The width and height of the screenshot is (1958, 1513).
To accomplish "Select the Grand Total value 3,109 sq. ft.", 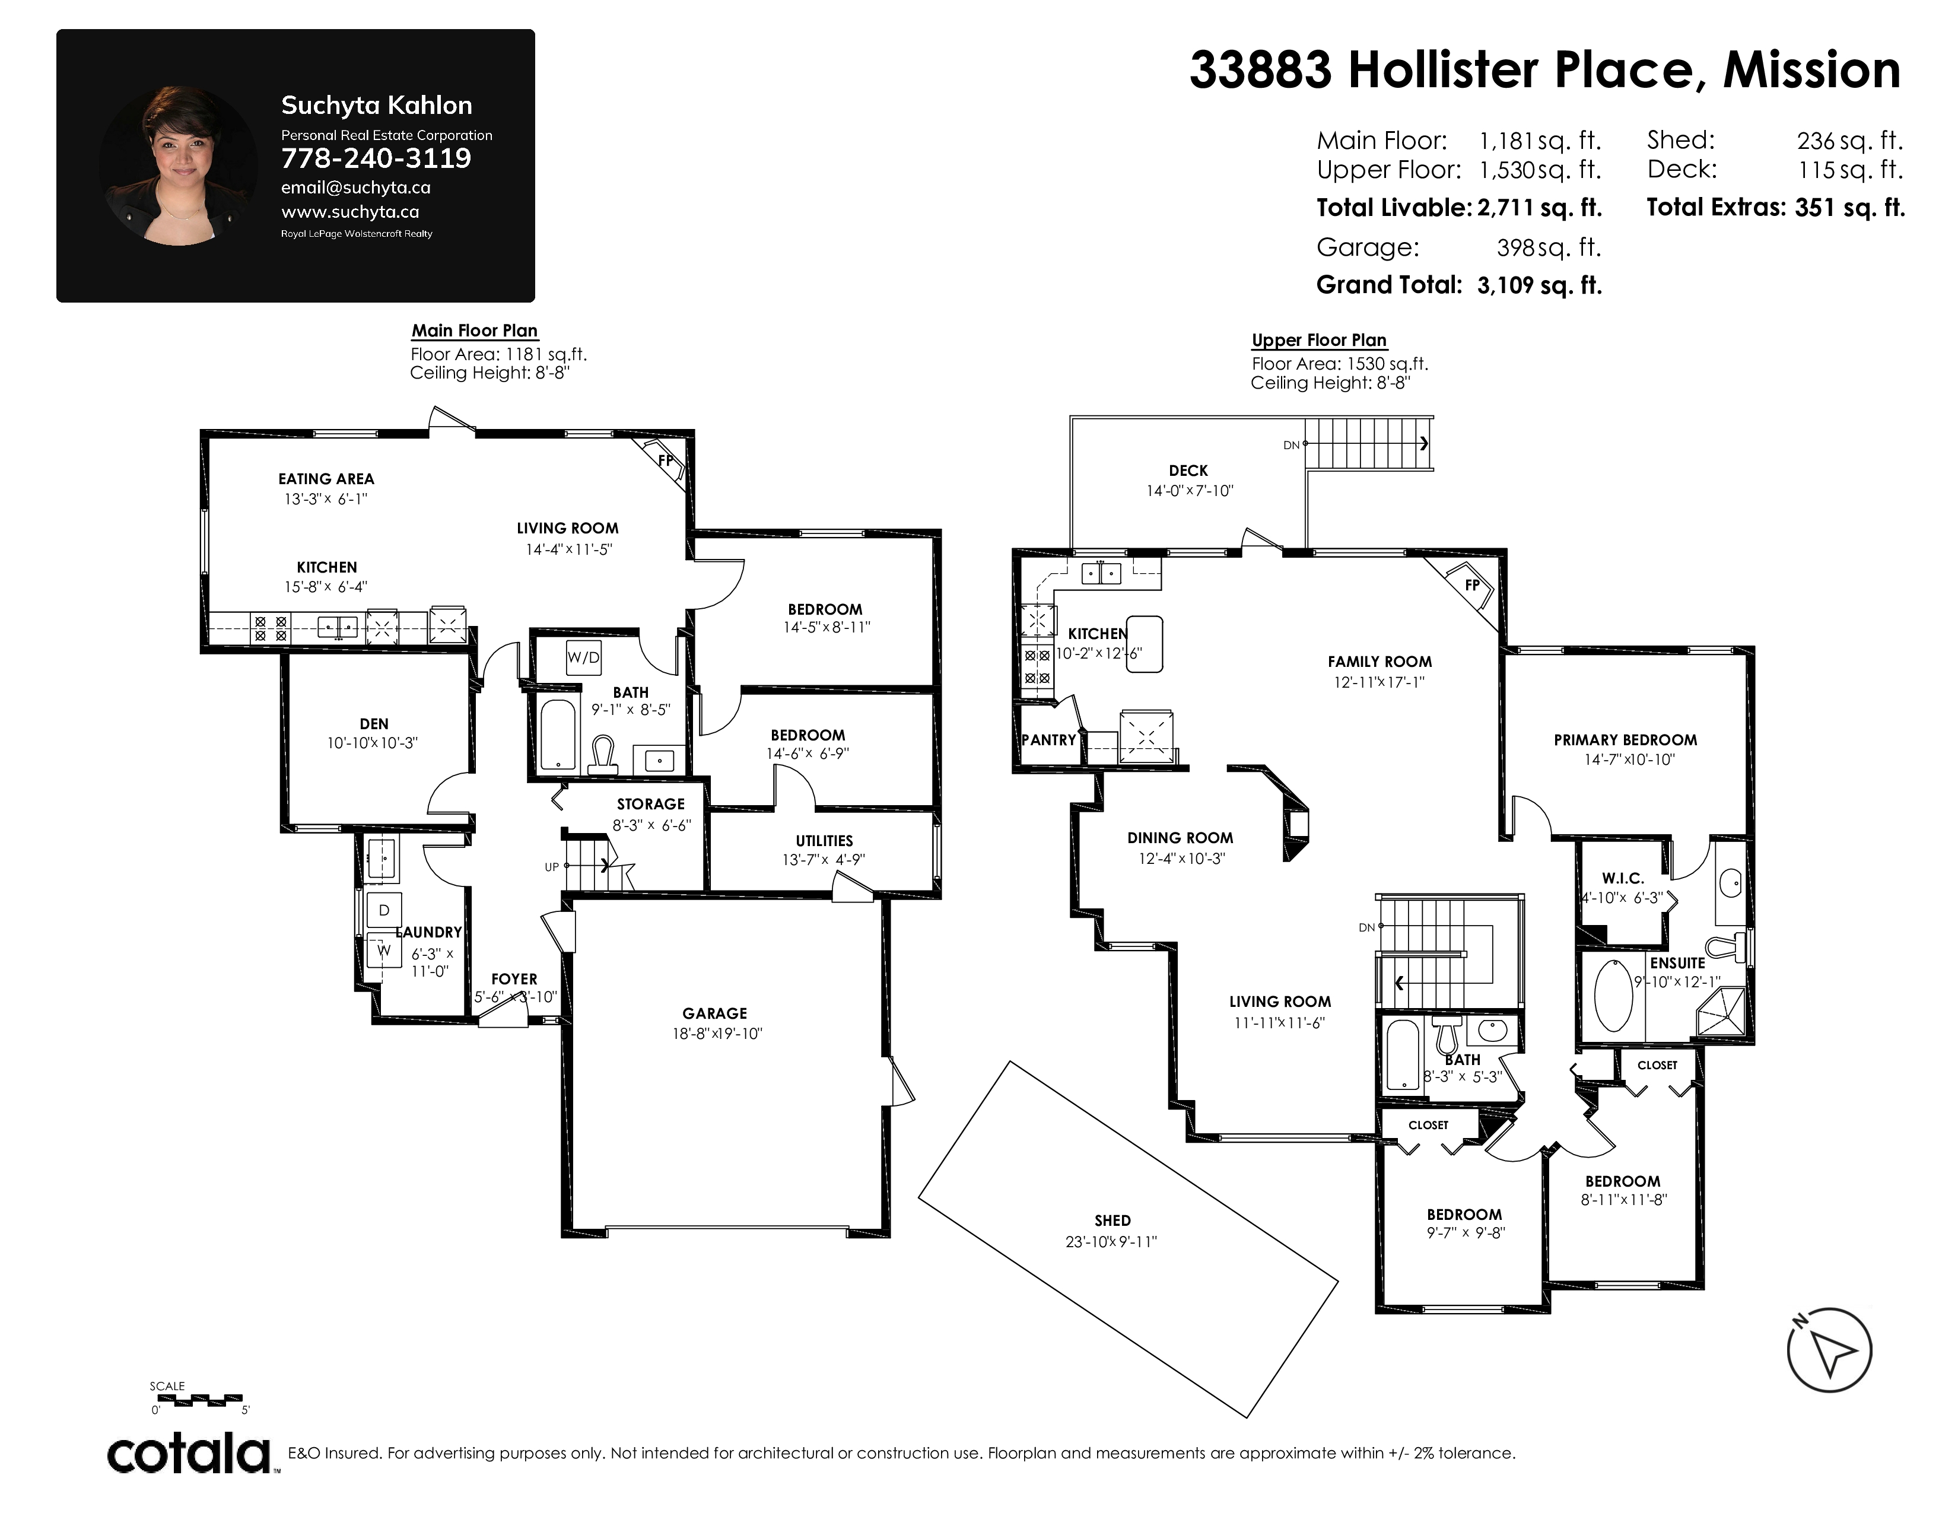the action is pyautogui.click(x=1539, y=285).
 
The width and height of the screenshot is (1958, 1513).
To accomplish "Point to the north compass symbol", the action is pyautogui.click(x=1829, y=1351).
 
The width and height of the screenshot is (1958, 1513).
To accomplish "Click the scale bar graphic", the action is pyautogui.click(x=196, y=1398).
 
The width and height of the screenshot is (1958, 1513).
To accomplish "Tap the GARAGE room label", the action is pyautogui.click(x=714, y=1013).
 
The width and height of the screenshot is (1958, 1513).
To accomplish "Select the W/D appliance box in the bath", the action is pyautogui.click(x=583, y=657).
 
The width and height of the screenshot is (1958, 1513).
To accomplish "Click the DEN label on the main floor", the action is pyautogui.click(x=374, y=723).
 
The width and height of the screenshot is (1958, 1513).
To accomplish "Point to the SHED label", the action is pyautogui.click(x=1112, y=1220).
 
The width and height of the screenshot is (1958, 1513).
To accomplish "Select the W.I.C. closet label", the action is pyautogui.click(x=1623, y=878).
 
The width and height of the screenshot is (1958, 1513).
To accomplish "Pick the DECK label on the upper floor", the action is pyautogui.click(x=1189, y=471).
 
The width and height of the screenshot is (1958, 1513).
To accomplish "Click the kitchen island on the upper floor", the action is pyautogui.click(x=1145, y=644).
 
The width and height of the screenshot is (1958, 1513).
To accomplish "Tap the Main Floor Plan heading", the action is pyautogui.click(x=474, y=330).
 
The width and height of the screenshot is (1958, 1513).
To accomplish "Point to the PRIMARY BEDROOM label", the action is pyautogui.click(x=1625, y=739).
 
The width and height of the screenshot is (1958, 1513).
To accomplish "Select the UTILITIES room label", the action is pyautogui.click(x=824, y=841).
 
